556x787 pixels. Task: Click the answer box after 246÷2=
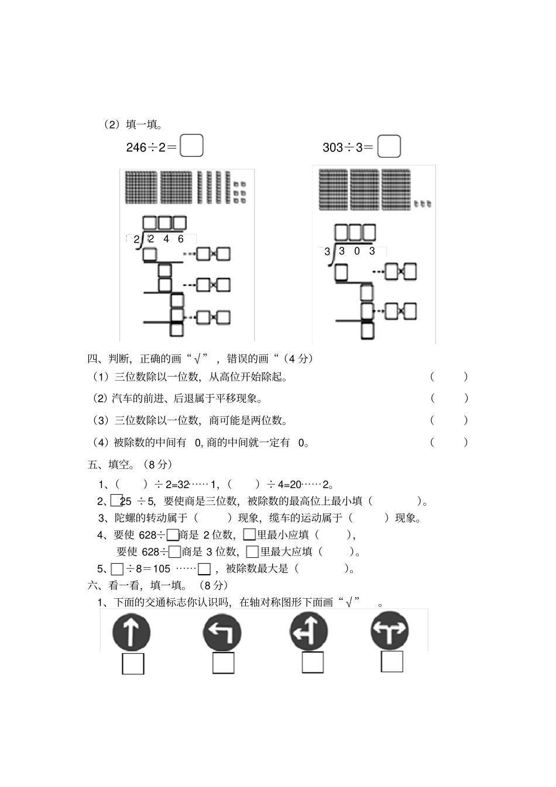(191, 146)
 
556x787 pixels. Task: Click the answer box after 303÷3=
(389, 146)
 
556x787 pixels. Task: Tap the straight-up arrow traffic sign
(131, 633)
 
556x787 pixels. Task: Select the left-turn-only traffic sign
(222, 633)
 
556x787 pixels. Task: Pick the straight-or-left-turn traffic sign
(308, 631)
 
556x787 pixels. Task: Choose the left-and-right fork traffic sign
(390, 631)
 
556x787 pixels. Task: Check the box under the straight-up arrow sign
(133, 664)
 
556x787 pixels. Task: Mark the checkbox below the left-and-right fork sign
(392, 662)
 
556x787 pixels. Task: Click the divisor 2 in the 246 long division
(136, 240)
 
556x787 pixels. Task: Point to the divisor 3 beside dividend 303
(328, 252)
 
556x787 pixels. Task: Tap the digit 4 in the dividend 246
(166, 239)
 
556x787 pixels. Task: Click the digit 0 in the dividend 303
(357, 251)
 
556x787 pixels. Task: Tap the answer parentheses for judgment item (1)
(449, 377)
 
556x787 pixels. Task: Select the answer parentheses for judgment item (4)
(449, 443)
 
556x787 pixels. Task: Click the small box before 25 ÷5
(116, 500)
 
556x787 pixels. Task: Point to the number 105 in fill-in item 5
(162, 568)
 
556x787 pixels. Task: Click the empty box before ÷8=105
(117, 569)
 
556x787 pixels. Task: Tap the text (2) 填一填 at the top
(133, 125)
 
